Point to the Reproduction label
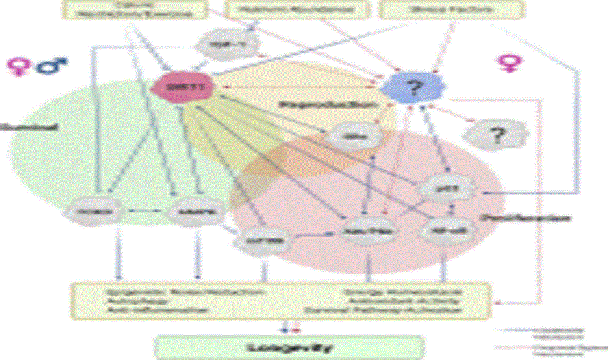coord(327,104)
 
